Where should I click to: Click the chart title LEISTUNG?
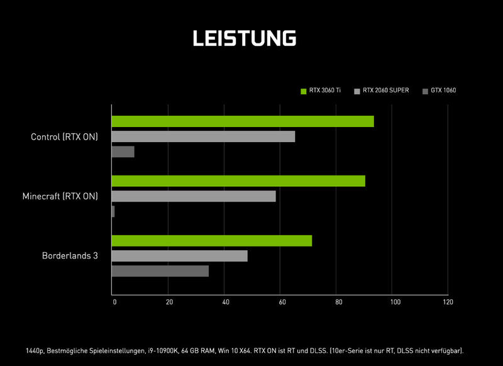coord(244,38)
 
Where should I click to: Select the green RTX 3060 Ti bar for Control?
coord(243,121)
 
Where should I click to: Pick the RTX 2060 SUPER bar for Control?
coord(203,136)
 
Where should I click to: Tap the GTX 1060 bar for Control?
coord(123,152)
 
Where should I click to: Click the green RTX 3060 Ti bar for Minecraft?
coord(238,181)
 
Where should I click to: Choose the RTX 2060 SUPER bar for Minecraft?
coord(194,196)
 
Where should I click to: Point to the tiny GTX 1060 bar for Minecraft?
coord(113,211)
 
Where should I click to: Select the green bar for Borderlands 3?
coord(212,241)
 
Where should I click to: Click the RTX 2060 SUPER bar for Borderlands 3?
coord(180,256)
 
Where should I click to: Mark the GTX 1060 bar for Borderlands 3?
coord(160,271)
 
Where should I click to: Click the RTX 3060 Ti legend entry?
coord(321,91)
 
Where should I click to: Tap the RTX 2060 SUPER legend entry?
coord(382,91)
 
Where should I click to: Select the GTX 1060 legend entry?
coord(439,91)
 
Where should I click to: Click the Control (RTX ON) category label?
coord(65,136)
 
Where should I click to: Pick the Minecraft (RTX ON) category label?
coord(60,196)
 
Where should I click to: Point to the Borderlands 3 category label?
coord(70,256)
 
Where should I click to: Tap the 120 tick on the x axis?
coord(448,302)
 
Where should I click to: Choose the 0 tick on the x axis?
coord(114,302)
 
